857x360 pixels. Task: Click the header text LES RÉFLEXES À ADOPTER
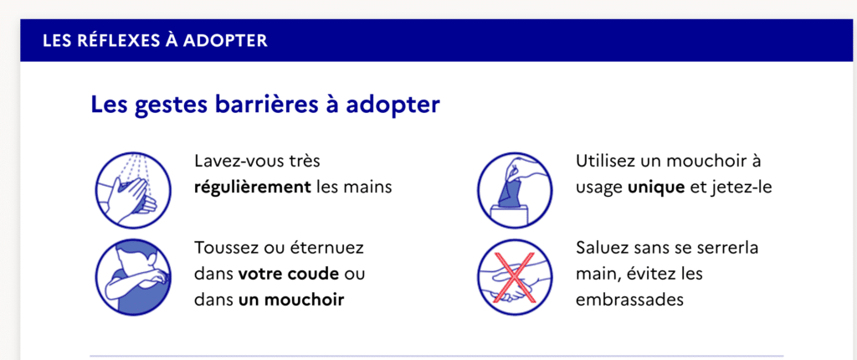(155, 40)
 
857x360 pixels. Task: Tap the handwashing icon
(133, 190)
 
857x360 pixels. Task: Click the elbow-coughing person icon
(133, 277)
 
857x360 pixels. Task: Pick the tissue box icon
(515, 190)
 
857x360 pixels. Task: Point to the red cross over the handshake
(514, 277)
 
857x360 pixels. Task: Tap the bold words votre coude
(289, 274)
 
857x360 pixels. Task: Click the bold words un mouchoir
(291, 300)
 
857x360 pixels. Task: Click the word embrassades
(629, 300)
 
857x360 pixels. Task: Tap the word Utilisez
(608, 162)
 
